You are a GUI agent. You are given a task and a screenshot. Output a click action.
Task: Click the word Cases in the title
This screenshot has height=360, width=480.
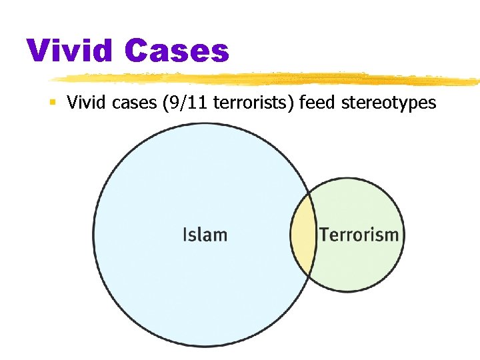pos(176,51)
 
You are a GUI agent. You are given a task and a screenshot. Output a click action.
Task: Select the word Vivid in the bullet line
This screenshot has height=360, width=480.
pos(83,103)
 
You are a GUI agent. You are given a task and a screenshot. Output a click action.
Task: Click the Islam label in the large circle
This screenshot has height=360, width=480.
pos(205,235)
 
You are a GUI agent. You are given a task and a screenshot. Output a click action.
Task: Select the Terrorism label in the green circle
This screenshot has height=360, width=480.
pos(359,235)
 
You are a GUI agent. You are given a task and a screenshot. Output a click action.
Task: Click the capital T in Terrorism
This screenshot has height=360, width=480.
pos(324,235)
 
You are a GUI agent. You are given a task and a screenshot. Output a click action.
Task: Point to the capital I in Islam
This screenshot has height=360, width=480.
pos(185,235)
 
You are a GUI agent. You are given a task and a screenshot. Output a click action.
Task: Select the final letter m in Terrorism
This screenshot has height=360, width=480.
pos(392,235)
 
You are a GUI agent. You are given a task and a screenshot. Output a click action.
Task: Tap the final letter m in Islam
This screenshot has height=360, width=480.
pos(219,235)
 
